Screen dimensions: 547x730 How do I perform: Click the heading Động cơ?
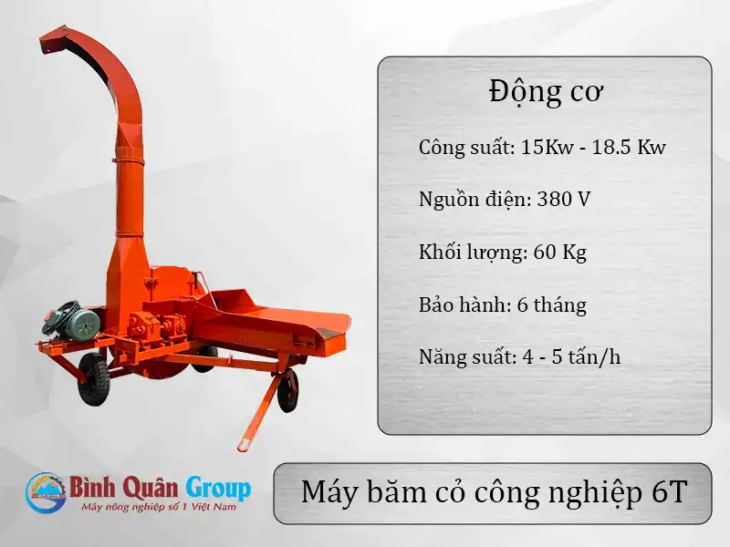pos(545,93)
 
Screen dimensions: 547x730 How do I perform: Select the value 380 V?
pos(563,199)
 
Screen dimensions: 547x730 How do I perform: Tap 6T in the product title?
pos(668,492)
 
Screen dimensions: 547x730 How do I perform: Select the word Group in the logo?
pos(218,487)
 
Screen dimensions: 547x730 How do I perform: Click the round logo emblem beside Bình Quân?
pos(45,493)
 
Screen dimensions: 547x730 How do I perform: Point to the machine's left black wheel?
pos(93,377)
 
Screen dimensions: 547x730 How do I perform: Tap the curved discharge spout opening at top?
pos(52,41)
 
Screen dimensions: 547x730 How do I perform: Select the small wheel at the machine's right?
pos(288,390)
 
